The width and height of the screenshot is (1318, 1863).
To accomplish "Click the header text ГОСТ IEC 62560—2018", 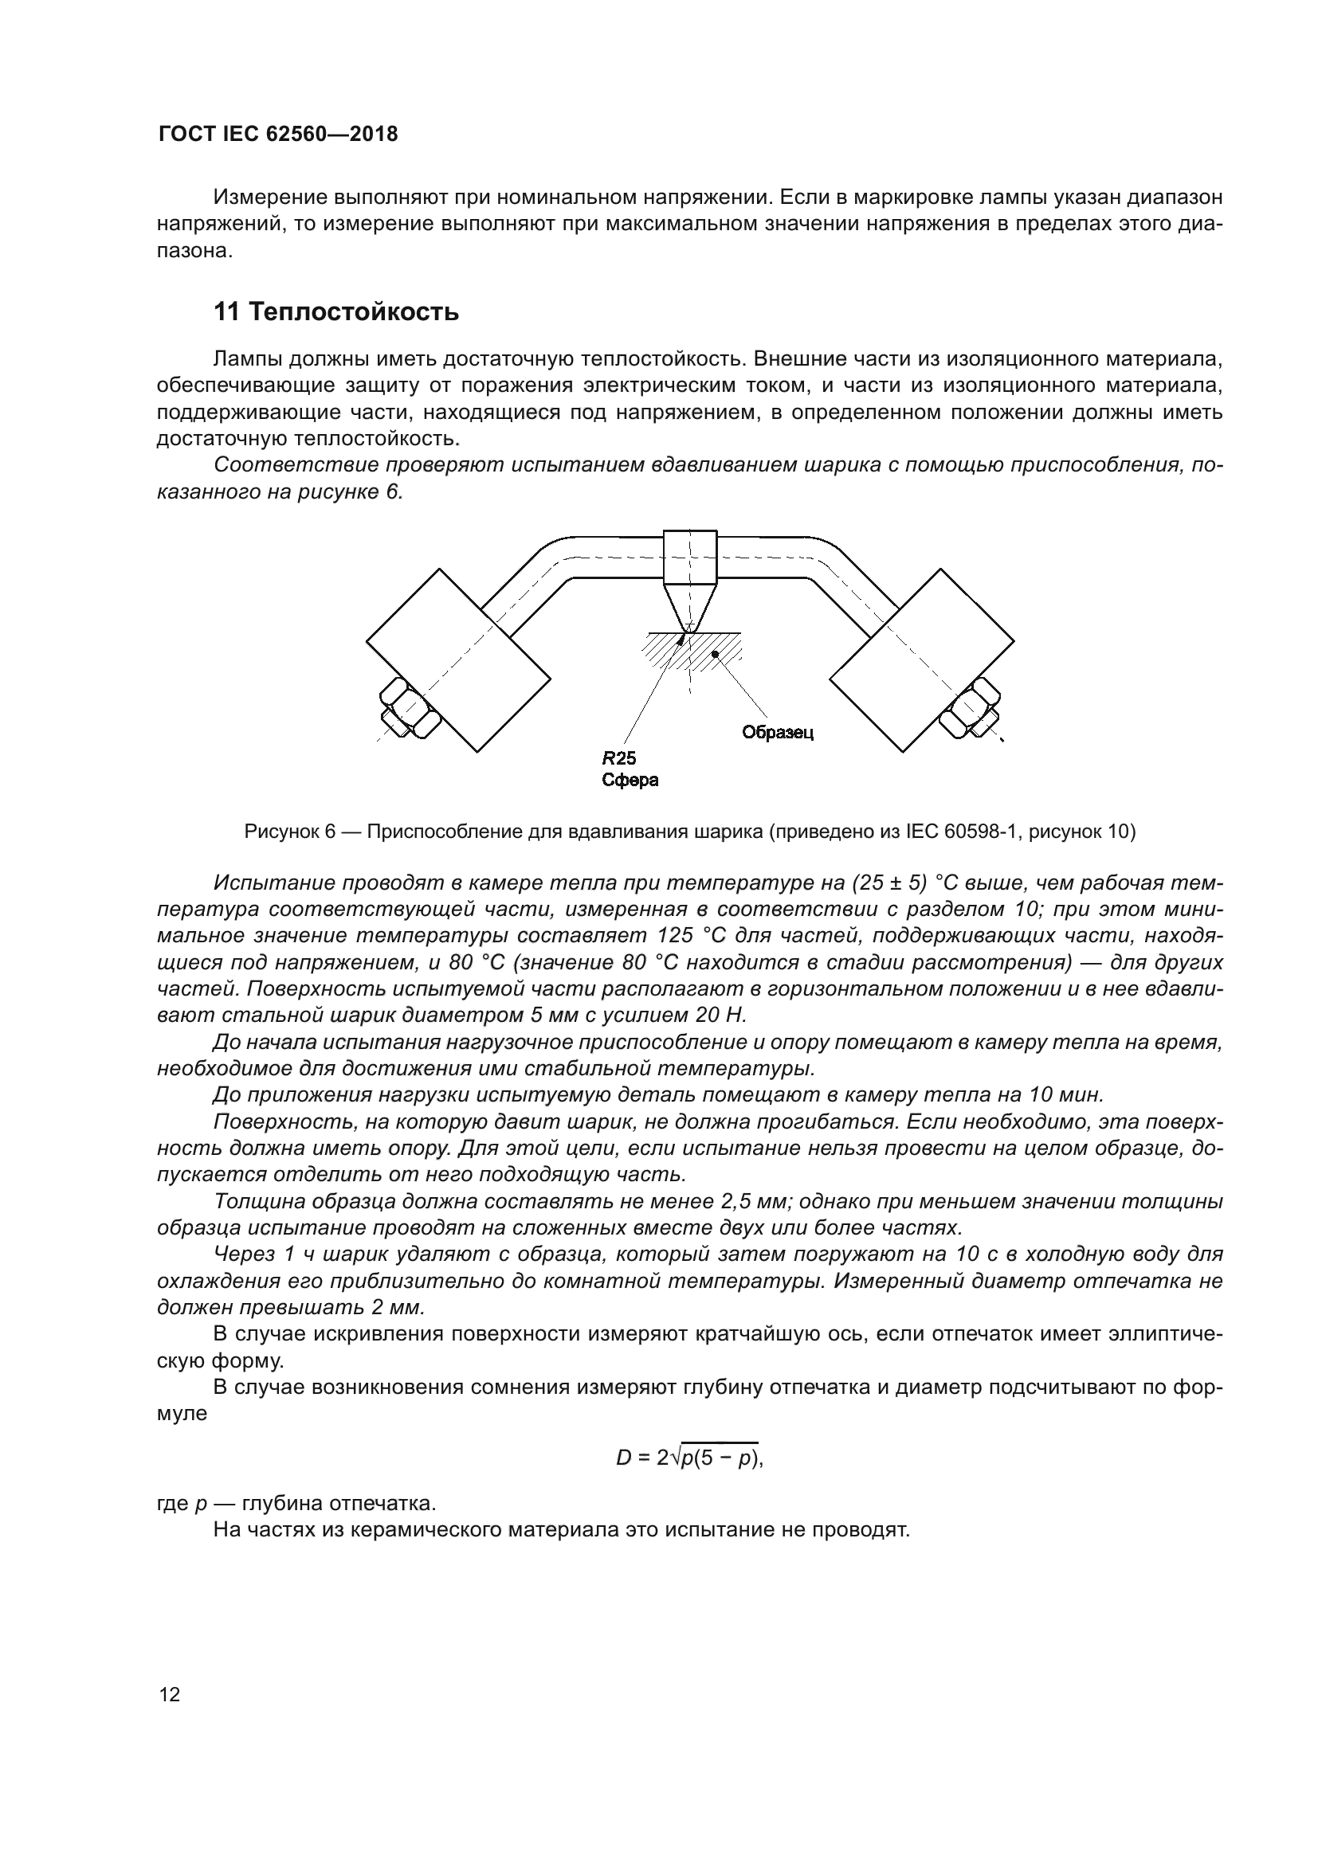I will tap(277, 135).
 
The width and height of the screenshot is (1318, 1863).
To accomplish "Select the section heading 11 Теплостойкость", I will tap(335, 311).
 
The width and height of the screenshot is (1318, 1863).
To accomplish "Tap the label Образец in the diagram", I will tap(778, 733).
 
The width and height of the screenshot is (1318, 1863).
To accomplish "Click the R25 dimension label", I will tap(618, 759).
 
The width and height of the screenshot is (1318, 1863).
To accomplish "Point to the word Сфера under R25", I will tap(630, 781).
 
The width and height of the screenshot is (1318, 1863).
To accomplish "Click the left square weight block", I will tap(458, 660).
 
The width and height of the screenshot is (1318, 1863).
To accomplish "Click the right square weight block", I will tap(922, 660).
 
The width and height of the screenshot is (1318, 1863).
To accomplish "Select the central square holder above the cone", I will tap(690, 557).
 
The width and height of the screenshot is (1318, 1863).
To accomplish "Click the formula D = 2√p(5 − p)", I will tap(690, 1458).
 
